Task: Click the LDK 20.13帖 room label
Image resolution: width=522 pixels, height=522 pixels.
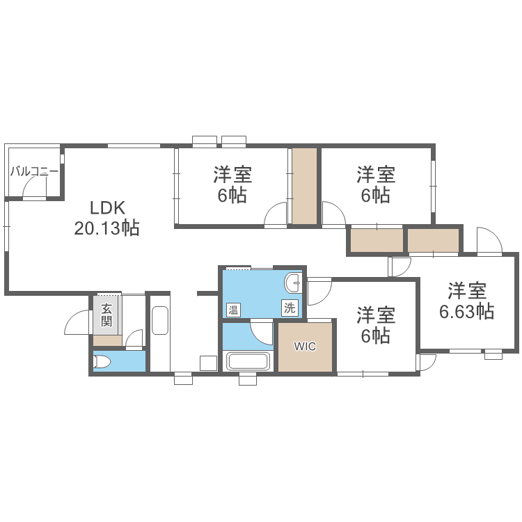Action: tap(107, 217)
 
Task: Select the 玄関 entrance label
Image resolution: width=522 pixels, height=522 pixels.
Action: tap(106, 315)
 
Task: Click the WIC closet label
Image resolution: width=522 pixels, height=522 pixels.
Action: tap(305, 346)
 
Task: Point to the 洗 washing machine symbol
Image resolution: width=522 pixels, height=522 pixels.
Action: tap(288, 306)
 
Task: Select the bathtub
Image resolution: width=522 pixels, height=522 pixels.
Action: tap(248, 363)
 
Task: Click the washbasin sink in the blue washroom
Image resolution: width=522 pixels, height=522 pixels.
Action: tap(293, 283)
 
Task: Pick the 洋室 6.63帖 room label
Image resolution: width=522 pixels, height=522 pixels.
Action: tap(466, 300)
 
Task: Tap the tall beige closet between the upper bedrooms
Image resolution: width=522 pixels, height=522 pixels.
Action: tap(304, 186)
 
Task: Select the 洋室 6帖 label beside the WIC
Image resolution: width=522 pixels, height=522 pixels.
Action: tap(376, 326)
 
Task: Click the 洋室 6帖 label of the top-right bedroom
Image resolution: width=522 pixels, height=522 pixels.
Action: tap(376, 184)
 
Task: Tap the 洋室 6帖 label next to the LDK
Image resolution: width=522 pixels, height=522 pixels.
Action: tap(232, 184)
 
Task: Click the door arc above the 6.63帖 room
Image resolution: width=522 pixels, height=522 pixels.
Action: tap(489, 240)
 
